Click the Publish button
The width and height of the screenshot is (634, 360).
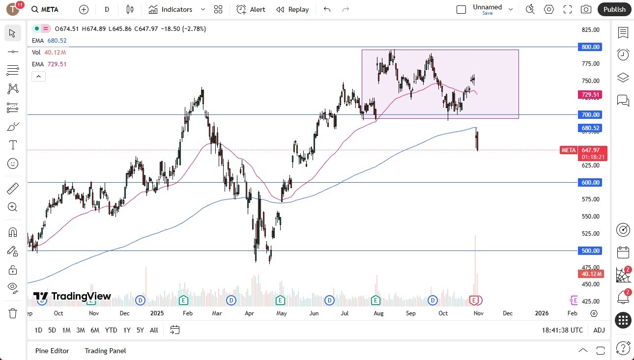tap(614, 9)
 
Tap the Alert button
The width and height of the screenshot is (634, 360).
tap(251, 9)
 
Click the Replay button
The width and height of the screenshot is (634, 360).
tap(292, 9)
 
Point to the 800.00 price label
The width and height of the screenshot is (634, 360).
tap(590, 47)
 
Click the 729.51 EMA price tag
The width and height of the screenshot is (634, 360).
tap(590, 95)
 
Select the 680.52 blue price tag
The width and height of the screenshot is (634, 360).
tap(590, 128)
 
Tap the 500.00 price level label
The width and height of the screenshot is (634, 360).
tap(590, 251)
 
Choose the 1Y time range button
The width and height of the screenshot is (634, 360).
tap(127, 330)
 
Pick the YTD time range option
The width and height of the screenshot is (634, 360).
tap(111, 330)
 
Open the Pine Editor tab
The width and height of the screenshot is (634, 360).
tap(52, 351)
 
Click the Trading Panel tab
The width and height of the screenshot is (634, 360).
tap(105, 351)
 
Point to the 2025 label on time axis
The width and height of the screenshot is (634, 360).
tap(157, 313)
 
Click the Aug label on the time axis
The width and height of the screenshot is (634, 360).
tap(378, 313)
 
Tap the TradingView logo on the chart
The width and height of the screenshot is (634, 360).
tap(72, 296)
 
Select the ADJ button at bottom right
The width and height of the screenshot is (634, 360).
tap(599, 330)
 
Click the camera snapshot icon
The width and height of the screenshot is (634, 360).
tap(586, 9)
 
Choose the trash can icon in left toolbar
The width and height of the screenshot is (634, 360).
tap(13, 313)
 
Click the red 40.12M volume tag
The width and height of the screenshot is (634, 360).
tap(590, 274)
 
